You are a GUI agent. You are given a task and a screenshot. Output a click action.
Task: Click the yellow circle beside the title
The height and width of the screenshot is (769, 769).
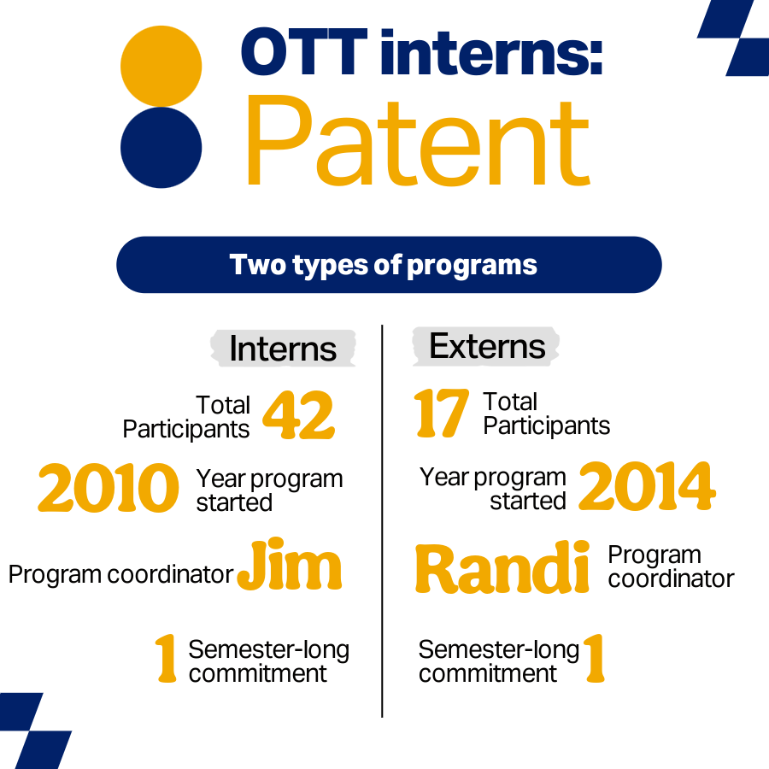[161, 67]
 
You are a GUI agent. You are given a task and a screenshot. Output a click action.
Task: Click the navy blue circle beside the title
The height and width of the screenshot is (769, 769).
[161, 147]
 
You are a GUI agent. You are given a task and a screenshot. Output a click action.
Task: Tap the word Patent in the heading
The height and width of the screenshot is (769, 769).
[417, 141]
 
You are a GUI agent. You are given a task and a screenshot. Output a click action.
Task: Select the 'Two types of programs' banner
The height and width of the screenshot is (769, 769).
[389, 265]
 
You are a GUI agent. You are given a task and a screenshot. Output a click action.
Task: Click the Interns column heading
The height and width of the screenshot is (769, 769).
[283, 349]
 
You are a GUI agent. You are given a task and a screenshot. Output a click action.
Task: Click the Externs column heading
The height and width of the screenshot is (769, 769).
[486, 346]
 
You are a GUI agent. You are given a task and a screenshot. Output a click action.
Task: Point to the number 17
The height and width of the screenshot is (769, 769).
[442, 414]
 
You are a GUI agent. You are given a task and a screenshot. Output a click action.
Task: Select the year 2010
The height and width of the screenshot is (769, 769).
[109, 490]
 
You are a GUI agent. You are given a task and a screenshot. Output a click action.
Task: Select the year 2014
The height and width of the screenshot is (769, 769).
[647, 488]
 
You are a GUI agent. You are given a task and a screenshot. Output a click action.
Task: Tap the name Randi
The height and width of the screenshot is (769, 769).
[503, 568]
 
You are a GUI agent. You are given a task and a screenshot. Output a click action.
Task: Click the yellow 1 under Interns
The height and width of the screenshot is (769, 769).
[167, 659]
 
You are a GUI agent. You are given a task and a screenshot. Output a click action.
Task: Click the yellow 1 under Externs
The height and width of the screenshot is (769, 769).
[594, 659]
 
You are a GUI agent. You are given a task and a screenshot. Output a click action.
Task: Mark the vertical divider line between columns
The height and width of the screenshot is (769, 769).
[382, 521]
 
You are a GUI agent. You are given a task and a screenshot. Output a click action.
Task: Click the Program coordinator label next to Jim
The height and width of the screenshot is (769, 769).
[120, 574]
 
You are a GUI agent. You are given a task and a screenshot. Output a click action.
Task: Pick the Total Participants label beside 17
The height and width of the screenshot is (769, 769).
[546, 414]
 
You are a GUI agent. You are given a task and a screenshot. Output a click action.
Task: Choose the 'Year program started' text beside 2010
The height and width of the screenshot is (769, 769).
[269, 490]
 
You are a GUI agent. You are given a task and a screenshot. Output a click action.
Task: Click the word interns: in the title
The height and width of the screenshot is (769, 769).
[490, 53]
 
